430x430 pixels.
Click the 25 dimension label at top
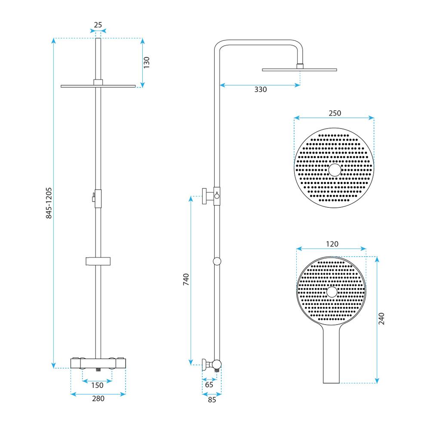(x=98, y=25)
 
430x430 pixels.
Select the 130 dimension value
(x=147, y=63)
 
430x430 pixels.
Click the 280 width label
(x=98, y=399)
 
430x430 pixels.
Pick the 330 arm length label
(x=261, y=90)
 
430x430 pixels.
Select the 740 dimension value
(x=186, y=279)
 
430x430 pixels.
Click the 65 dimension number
(x=209, y=385)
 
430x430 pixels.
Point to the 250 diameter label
(x=335, y=113)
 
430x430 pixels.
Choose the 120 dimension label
(x=332, y=244)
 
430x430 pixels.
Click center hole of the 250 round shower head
(x=334, y=170)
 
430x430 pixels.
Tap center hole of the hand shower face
(x=332, y=292)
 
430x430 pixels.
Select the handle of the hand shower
(x=332, y=357)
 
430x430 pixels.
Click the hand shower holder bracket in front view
(x=98, y=261)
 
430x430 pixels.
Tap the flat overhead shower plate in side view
(x=299, y=69)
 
